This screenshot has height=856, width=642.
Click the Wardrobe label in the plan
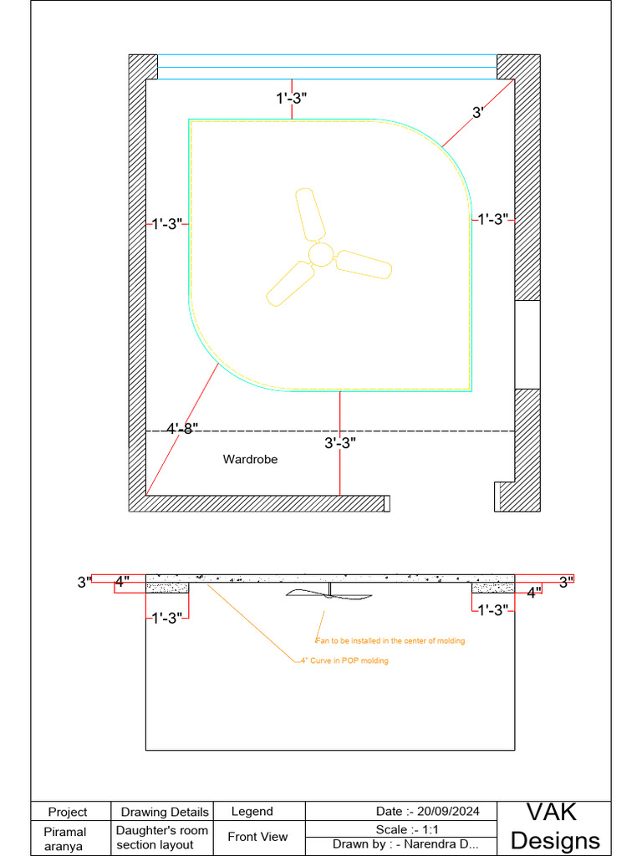(x=250, y=459)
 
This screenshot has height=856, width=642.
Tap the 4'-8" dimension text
(x=182, y=429)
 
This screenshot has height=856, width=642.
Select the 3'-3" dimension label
(x=340, y=443)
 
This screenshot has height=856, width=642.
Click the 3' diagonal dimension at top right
(x=478, y=112)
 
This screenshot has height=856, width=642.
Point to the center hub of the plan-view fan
(x=320, y=254)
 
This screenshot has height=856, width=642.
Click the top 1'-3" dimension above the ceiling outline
(x=292, y=98)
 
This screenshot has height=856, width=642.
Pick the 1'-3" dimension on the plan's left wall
(x=166, y=224)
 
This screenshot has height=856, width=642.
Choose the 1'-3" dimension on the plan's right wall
(x=492, y=219)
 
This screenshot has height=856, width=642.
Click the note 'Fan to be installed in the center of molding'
(x=390, y=641)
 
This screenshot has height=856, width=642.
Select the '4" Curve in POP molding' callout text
(x=344, y=660)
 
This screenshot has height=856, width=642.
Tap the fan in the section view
(x=329, y=594)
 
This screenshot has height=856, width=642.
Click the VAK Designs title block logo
(x=554, y=826)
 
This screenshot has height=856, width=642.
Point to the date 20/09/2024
(x=427, y=811)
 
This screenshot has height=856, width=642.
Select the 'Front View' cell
(x=257, y=836)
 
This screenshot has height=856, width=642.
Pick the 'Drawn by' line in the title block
(x=405, y=844)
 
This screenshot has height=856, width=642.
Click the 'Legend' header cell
(x=252, y=811)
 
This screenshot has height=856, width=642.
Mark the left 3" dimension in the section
(x=84, y=582)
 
